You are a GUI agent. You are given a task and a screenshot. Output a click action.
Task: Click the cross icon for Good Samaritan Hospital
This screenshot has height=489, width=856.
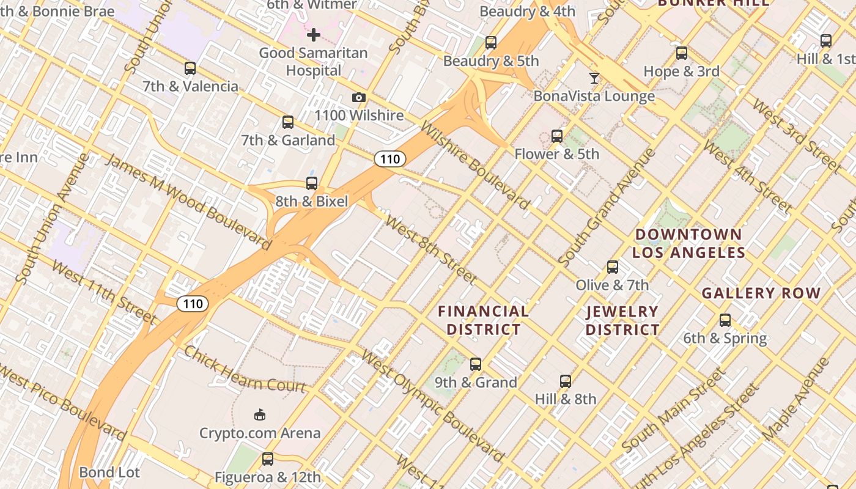coord(313,35)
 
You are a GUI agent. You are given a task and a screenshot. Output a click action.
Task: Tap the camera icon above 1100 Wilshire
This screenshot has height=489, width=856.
coord(359,98)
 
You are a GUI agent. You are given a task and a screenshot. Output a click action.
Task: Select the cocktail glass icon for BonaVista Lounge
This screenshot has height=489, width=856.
coord(594,78)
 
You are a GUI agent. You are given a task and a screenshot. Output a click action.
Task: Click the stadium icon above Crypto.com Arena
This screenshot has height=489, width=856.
coord(260,415)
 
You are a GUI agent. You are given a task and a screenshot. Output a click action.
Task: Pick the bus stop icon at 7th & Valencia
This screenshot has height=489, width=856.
coord(190,68)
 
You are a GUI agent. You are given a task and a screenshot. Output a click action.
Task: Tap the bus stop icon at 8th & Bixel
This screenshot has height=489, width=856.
coord(311,183)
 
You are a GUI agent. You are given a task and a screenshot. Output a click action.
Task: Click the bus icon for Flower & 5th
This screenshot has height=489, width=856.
coord(556,136)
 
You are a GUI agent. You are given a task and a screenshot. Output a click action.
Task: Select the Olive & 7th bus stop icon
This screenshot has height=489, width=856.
coord(612,267)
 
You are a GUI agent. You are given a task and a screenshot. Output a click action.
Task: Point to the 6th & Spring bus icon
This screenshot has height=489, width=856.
coord(725,320)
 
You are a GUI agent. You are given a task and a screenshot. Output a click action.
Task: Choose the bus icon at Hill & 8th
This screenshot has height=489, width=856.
coord(566,381)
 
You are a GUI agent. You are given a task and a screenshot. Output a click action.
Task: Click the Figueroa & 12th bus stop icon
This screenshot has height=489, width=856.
coord(267,459)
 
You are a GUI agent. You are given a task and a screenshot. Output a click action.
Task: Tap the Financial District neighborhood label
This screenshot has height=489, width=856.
coord(483,320)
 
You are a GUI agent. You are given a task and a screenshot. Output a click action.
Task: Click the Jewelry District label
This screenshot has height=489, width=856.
coord(622,320)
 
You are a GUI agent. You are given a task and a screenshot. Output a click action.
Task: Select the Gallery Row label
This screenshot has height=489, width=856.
coord(761,293)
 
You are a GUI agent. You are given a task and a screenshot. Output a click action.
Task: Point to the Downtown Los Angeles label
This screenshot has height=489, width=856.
coord(688,243)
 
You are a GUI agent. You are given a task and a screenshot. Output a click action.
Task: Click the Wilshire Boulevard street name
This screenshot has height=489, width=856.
coord(475,165)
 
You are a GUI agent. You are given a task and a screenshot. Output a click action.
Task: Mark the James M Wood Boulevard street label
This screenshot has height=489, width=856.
coord(188,202)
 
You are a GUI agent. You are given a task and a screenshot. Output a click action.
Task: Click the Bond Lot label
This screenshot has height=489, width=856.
coord(109,472)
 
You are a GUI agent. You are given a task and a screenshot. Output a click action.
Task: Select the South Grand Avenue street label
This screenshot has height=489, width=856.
coord(607,208)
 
